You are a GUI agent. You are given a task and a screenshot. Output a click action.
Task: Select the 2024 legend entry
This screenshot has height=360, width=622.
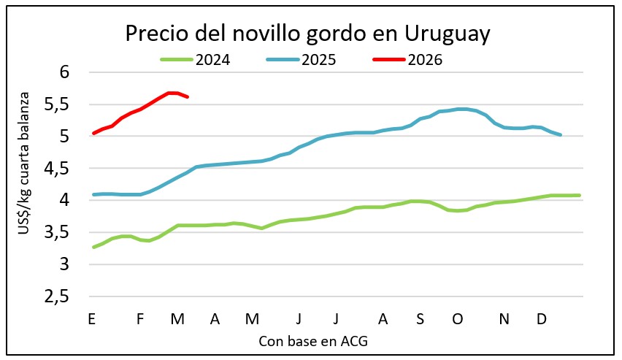[x=195, y=60]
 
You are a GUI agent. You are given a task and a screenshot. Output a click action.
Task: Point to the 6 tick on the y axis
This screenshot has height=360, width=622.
[x=64, y=72]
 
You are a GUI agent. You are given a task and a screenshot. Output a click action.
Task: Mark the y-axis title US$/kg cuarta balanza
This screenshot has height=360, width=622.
[x=27, y=164]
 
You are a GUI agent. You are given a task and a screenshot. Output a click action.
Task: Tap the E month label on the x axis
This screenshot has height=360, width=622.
[x=91, y=319]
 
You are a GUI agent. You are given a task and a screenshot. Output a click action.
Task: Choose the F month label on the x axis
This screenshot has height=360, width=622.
[x=140, y=319]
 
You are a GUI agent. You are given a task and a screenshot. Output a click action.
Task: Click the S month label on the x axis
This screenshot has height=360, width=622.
[x=420, y=319]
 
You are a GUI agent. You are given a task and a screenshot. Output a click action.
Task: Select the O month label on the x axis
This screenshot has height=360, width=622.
[x=458, y=319]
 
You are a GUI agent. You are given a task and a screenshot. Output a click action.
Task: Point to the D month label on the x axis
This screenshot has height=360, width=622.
[x=541, y=319]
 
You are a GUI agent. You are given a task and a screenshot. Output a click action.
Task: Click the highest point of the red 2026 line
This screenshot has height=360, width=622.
[x=172, y=93]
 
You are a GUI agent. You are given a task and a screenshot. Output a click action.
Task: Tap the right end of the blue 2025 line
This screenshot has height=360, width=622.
[x=560, y=134]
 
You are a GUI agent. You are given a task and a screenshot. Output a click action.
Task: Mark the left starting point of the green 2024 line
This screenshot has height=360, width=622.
[x=93, y=247]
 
